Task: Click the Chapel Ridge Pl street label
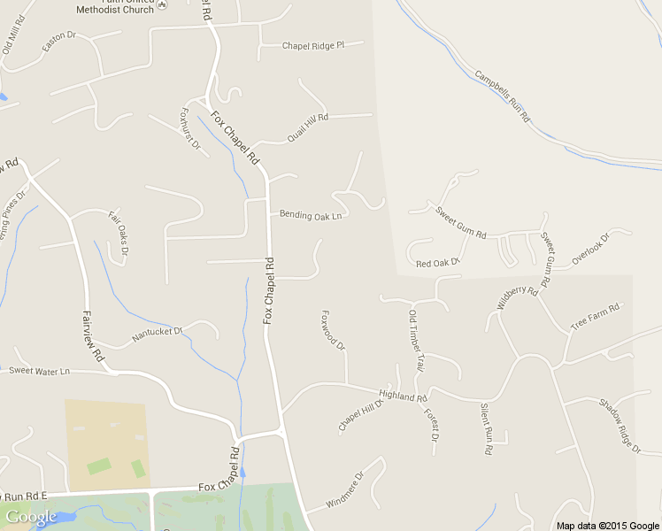(x=312, y=45)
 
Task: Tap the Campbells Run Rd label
(x=501, y=96)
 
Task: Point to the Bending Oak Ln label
(x=311, y=215)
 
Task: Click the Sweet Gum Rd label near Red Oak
(x=461, y=222)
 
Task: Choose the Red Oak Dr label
(x=439, y=263)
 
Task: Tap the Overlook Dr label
(x=590, y=250)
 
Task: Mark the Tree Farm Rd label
(x=595, y=317)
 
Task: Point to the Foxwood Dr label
(x=334, y=329)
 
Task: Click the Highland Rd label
(x=403, y=397)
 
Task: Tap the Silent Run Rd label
(x=486, y=429)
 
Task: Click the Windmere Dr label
(x=345, y=489)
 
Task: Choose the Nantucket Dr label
(x=157, y=334)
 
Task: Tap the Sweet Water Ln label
(x=39, y=371)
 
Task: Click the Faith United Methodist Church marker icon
(x=161, y=8)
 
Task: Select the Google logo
(x=31, y=516)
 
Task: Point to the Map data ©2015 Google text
(x=607, y=526)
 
